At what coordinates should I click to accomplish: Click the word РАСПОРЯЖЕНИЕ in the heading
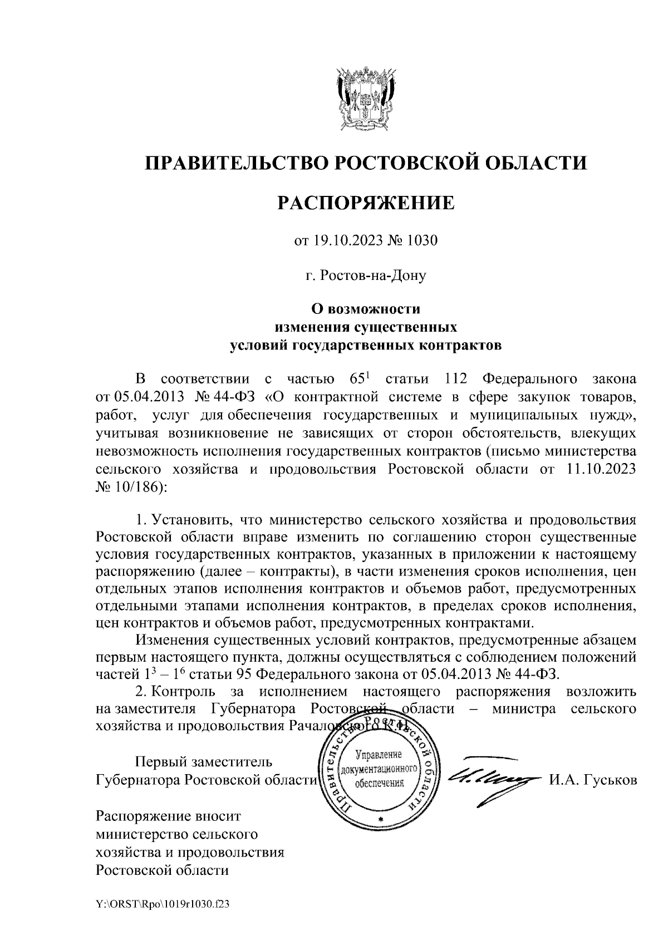click(x=366, y=203)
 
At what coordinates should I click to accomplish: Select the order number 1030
click(x=423, y=241)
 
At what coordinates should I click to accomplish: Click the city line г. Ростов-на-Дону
click(x=366, y=275)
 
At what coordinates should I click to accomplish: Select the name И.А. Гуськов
click(x=593, y=780)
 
